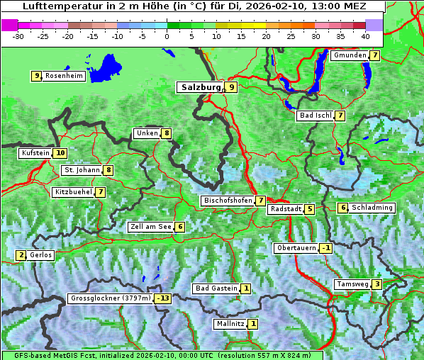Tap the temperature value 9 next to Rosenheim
(36, 76)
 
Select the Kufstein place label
(35, 153)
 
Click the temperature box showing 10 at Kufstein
(60, 153)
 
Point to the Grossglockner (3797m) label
(111, 299)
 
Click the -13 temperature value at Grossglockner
(164, 299)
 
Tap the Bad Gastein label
(216, 288)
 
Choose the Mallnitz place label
(230, 324)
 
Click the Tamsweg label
(352, 284)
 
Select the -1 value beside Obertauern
(325, 248)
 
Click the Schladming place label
(372, 208)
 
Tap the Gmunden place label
(350, 55)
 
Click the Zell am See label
(150, 227)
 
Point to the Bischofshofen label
(228, 201)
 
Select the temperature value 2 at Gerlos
(21, 255)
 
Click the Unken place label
(147, 133)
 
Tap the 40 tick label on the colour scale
(365, 35)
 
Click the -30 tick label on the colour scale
(18, 35)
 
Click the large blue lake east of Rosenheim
(108, 68)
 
